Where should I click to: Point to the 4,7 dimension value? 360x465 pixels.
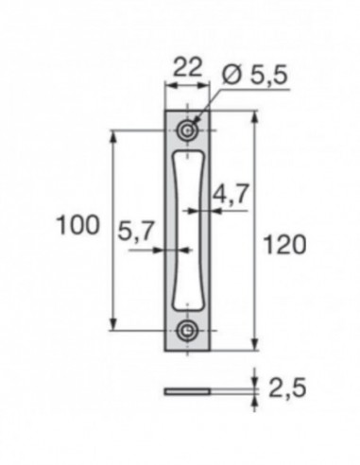click(x=231, y=196)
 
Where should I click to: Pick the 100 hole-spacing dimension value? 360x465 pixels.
click(x=77, y=225)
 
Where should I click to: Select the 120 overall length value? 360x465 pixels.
click(x=284, y=245)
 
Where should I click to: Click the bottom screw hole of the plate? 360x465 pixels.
click(x=190, y=330)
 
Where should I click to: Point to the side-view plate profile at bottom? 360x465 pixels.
click(x=189, y=389)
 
